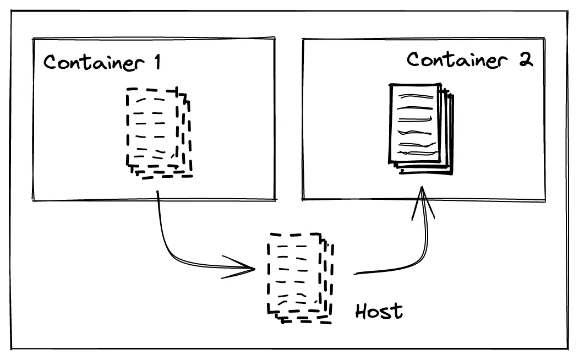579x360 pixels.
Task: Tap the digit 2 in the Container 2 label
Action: point(526,59)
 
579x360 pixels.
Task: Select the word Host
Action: point(379,311)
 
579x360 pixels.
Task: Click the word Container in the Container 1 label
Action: point(91,62)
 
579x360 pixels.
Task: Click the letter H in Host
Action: point(361,311)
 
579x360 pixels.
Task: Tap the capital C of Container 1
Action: point(51,62)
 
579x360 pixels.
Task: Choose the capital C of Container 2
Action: point(414,59)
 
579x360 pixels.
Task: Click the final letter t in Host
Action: point(397,311)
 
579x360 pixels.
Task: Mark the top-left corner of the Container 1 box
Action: point(34,39)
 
